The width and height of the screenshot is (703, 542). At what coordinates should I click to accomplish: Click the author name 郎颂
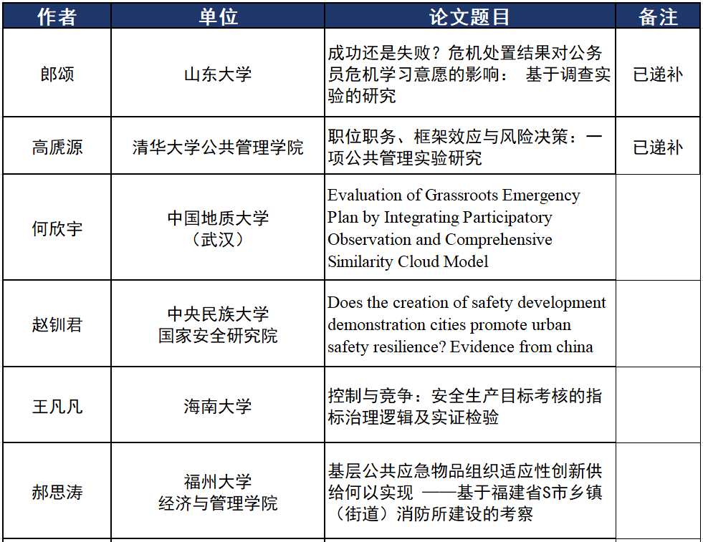click(x=57, y=74)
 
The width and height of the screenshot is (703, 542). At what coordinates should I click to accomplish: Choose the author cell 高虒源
click(x=57, y=147)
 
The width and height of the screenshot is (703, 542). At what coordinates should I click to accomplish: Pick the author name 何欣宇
click(x=57, y=228)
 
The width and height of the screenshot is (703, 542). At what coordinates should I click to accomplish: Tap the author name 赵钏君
click(x=57, y=324)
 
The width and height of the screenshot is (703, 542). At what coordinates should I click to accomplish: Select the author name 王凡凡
click(x=57, y=407)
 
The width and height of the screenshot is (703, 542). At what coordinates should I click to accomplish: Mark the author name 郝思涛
click(x=57, y=493)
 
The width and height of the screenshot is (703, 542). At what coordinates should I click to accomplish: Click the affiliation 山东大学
click(x=218, y=74)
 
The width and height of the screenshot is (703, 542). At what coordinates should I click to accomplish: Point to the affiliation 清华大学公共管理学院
click(x=218, y=147)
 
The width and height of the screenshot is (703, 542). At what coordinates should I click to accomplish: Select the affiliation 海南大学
click(x=218, y=407)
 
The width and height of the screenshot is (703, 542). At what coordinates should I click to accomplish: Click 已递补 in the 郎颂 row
click(x=658, y=74)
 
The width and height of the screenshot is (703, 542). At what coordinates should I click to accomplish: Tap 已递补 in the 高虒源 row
click(x=658, y=147)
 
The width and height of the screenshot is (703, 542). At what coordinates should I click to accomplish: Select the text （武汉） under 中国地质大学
click(x=218, y=239)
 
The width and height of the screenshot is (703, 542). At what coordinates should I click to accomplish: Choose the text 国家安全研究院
click(x=218, y=335)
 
